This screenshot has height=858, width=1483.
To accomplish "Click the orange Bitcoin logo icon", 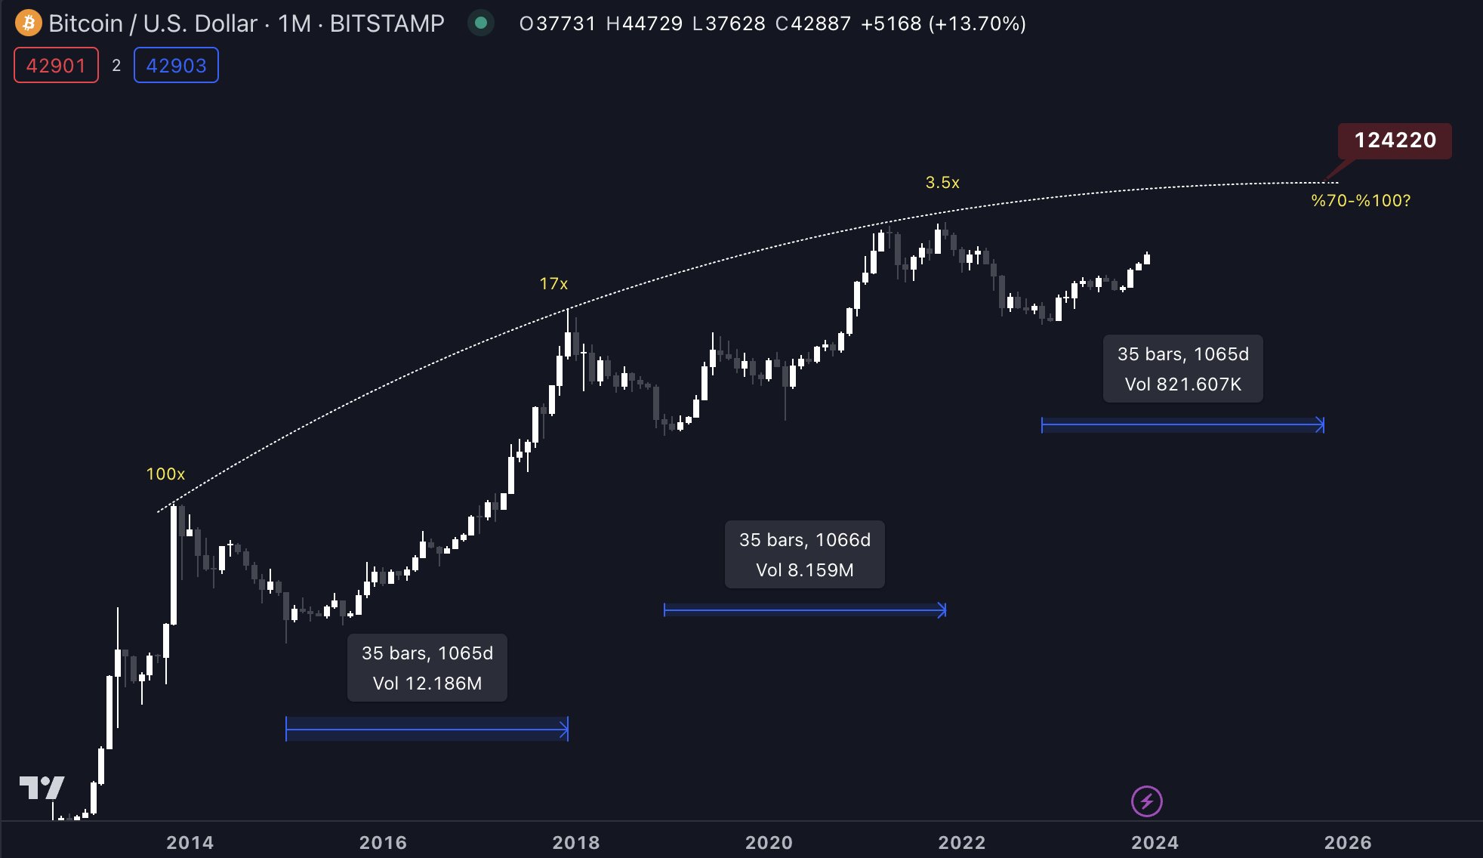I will [x=29, y=23].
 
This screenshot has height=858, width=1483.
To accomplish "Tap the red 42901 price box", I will [x=56, y=66].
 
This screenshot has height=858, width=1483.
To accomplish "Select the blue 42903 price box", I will [x=176, y=66].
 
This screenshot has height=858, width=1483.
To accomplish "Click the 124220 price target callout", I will [x=1395, y=140].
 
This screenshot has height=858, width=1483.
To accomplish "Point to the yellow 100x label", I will [x=165, y=474].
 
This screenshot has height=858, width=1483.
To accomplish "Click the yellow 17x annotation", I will [x=553, y=284].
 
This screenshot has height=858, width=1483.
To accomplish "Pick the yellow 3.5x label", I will [x=942, y=183].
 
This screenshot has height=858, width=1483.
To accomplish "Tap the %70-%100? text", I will [x=1361, y=201].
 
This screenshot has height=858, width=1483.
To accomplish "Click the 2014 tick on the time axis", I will [x=190, y=842].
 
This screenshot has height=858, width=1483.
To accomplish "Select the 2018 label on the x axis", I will [x=576, y=842].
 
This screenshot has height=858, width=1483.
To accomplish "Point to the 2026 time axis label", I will [x=1348, y=842].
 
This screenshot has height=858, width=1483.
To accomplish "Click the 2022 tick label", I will [x=962, y=842].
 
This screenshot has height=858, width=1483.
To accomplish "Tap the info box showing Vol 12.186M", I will [x=427, y=668].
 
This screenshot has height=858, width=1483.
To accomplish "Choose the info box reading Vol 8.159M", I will [x=805, y=554].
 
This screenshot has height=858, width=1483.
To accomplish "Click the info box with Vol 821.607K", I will [x=1183, y=369].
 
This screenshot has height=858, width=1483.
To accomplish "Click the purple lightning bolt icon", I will [x=1146, y=801].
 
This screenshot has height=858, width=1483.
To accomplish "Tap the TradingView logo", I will [x=42, y=788].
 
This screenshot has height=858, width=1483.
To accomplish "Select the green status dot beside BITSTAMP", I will [x=480, y=23].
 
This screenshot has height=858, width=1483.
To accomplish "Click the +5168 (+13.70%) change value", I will [x=943, y=24].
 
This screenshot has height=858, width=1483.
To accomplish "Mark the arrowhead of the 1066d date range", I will [x=942, y=610].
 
